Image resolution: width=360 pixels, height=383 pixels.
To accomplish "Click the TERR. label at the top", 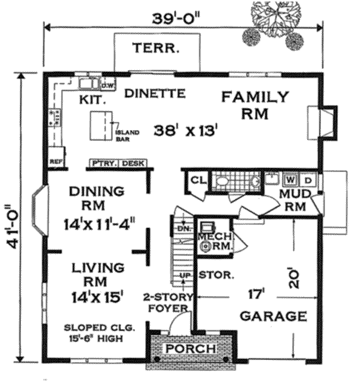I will tap(155, 48).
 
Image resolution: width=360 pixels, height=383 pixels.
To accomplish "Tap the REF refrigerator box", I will tap(55, 161).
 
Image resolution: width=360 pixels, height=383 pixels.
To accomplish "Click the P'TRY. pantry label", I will tap(103, 163).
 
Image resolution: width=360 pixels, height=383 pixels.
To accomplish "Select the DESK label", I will tap(133, 163).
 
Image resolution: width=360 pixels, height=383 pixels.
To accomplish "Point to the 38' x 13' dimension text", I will tap(184, 129).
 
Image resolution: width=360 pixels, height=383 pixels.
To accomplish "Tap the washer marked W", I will tap(290, 179).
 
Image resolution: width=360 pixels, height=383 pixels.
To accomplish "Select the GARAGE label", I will tap(273, 316).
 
